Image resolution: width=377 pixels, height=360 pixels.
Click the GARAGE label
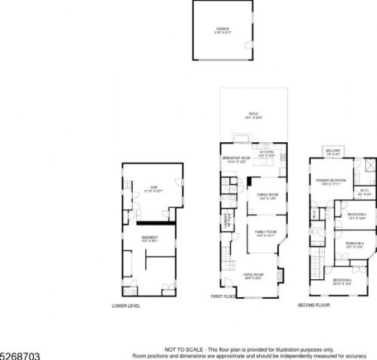coord(222,29)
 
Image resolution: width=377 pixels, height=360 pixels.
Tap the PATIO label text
coord(243,115)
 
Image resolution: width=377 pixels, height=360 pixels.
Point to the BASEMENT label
coord(150,237)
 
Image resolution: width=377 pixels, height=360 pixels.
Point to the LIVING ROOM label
coord(252,275)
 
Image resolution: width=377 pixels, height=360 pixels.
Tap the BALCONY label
coord(333,151)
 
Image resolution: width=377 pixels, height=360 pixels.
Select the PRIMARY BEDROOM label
coord(332,180)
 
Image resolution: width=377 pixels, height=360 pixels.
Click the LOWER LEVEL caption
coord(126,306)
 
